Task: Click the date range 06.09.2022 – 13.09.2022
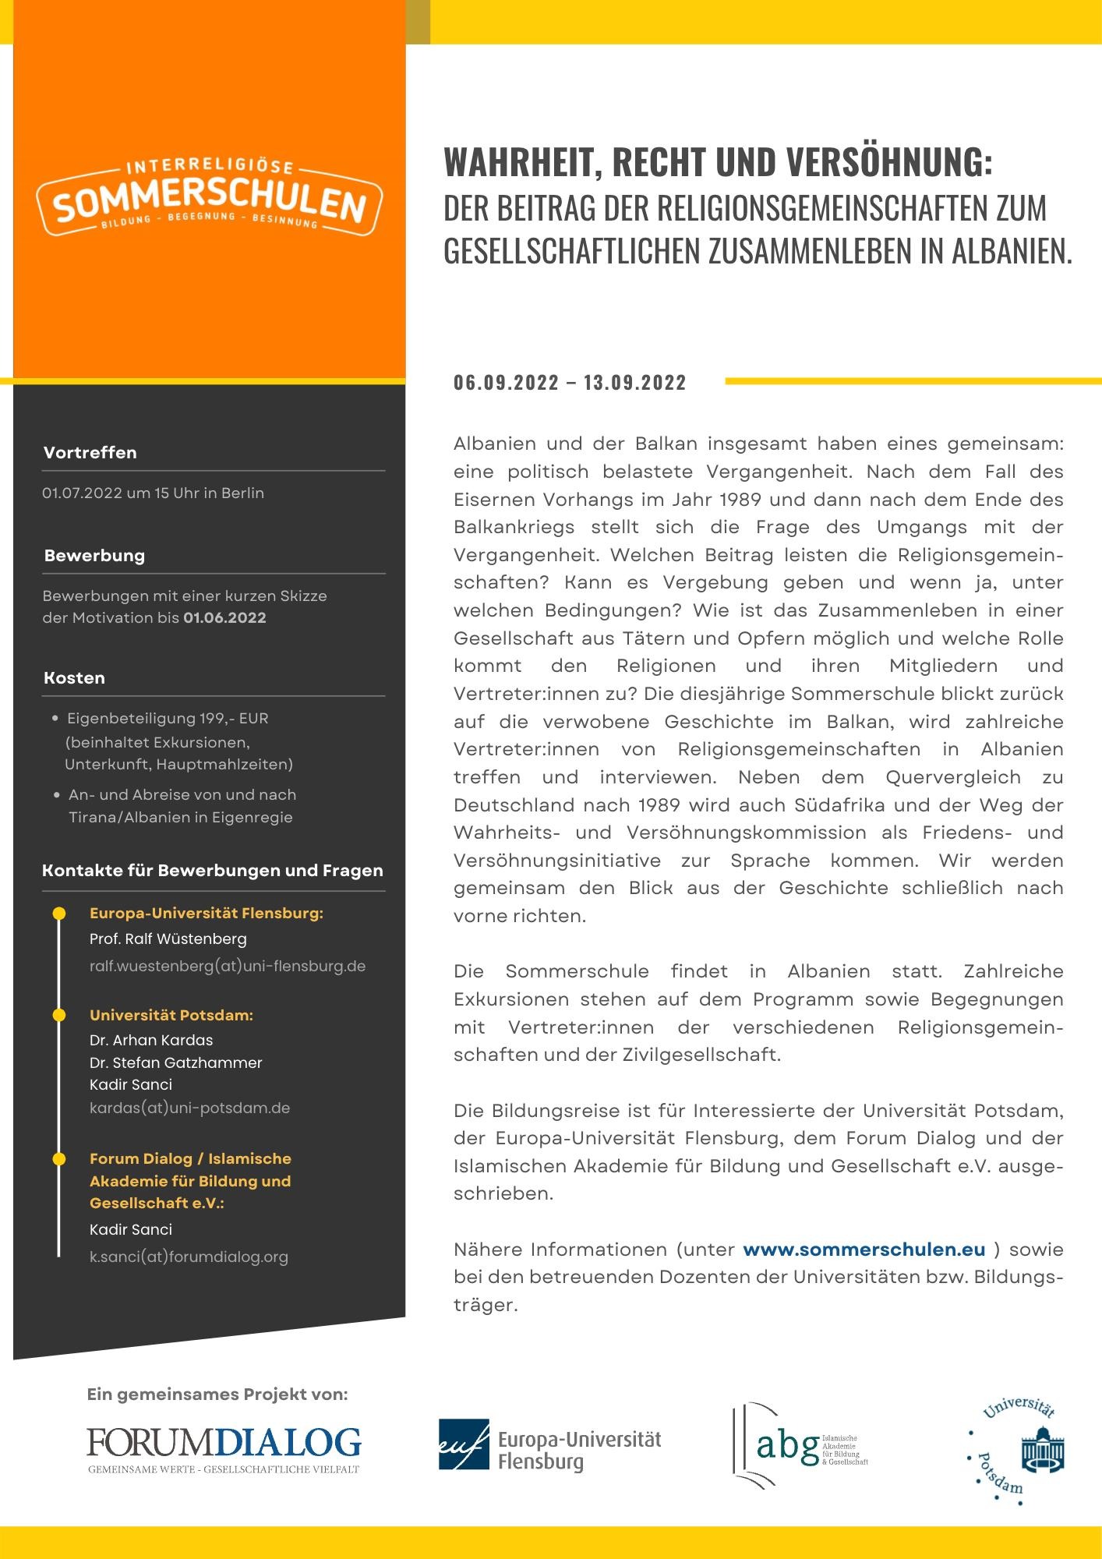click(570, 383)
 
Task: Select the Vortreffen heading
click(90, 453)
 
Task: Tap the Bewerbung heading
click(94, 556)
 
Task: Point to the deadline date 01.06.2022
click(224, 618)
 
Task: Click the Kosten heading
click(74, 678)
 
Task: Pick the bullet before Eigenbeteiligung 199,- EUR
click(55, 718)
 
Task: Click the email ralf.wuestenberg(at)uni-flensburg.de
click(227, 967)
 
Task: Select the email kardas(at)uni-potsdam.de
click(189, 1108)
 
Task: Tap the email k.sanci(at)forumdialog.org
click(189, 1257)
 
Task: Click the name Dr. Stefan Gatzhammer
click(175, 1062)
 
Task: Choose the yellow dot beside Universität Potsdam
click(58, 1015)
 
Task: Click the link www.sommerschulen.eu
click(864, 1250)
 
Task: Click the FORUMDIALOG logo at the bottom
click(224, 1449)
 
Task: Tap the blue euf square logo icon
click(464, 1444)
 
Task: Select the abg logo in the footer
click(800, 1446)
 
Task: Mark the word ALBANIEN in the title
click(1012, 251)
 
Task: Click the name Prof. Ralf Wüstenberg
click(168, 939)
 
